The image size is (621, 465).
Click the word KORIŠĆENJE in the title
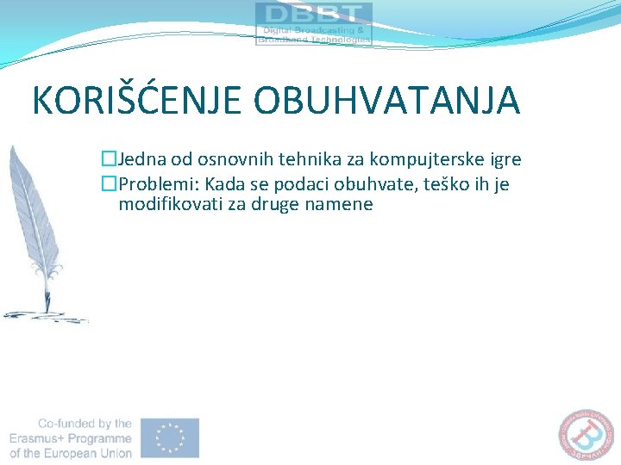point(137,100)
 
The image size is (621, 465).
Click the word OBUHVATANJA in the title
point(387,100)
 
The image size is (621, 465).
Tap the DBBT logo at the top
point(314,23)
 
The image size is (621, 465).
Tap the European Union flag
point(171,437)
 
